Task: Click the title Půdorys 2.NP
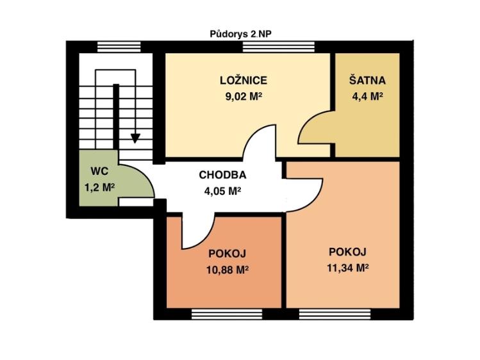pos(240,34)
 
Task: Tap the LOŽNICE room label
pos(244,81)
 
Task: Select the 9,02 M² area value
pos(244,97)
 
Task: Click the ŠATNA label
pos(367,81)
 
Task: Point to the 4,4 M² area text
pos(367,97)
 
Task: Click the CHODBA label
pos(222,175)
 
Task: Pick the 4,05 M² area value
pos(222,191)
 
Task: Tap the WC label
pos(99,171)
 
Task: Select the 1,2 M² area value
pos(99,187)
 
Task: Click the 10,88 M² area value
pos(227,270)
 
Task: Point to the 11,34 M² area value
pos(348,268)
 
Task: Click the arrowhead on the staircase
pos(135,138)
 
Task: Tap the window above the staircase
pos(119,47)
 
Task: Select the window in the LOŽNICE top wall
pos(279,47)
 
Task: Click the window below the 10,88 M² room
pos(227,314)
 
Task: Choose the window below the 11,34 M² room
pos(335,314)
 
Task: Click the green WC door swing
pos(137,181)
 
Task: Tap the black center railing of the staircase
pos(116,117)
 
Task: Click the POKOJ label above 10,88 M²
pos(227,254)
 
